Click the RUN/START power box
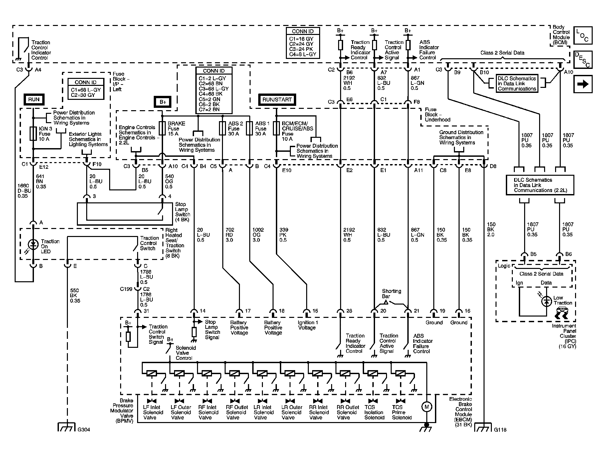277,100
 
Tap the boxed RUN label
34,99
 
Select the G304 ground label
84,429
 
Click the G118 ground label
500,429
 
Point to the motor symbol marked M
426,406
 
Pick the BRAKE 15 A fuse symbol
162,128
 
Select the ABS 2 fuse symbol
222,128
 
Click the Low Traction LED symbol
546,301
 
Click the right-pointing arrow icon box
583,84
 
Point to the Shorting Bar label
391,294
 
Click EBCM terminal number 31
146,311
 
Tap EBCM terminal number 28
349,311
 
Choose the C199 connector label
126,289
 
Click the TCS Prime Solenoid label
402,412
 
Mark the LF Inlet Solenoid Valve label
153,412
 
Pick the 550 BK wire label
75,296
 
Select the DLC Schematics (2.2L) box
540,185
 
